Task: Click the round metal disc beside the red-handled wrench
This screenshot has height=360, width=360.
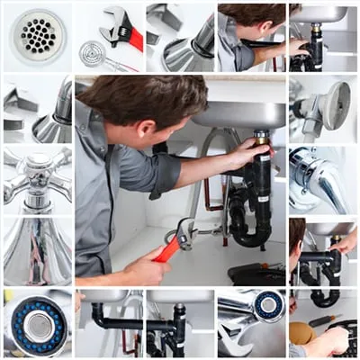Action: (x=92, y=52)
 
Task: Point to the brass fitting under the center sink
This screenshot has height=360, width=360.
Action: (x=261, y=138)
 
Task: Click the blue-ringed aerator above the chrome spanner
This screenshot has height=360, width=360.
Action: (x=267, y=305)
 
